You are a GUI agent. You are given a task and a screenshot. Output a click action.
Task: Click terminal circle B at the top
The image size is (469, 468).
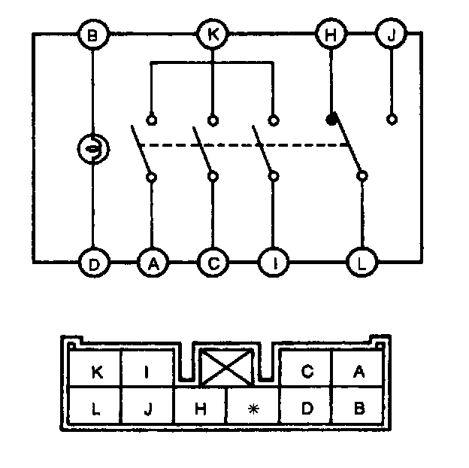tap(92, 35)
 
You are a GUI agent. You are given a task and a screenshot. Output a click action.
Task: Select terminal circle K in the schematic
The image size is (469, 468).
tap(213, 35)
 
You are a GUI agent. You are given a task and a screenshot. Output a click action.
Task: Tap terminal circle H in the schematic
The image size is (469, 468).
tap(330, 35)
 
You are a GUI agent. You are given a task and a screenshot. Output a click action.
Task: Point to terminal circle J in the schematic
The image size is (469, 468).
tap(391, 35)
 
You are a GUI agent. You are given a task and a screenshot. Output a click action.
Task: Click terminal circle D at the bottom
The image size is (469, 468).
tap(92, 264)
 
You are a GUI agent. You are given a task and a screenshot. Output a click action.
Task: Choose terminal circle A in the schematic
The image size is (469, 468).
tap(153, 264)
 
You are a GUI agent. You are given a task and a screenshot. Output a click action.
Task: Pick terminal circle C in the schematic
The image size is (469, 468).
tap(213, 264)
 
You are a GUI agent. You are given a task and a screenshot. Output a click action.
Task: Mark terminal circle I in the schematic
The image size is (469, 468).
tap(273, 264)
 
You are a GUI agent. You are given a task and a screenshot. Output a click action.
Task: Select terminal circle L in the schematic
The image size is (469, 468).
tap(362, 264)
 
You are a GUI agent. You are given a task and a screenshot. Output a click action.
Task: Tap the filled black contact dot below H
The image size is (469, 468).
tap(331, 120)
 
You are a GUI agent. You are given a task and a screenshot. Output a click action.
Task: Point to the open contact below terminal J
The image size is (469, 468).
tap(391, 120)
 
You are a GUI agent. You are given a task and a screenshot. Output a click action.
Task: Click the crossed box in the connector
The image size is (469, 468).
tap(228, 369)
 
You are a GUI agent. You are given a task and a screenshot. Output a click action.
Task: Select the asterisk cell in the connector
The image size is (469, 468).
tap(253, 408)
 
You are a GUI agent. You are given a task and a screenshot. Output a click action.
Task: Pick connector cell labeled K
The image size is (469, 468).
tap(95, 370)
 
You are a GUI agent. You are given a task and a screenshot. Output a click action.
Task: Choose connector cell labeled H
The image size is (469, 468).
tap(200, 408)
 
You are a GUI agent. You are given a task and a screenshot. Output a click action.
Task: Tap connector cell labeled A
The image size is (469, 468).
tap(359, 370)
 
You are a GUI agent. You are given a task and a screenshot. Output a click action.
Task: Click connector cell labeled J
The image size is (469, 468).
tap(148, 408)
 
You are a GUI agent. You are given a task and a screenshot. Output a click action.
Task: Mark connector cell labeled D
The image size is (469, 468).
tap(306, 408)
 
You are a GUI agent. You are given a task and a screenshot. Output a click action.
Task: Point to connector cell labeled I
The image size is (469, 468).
tap(148, 370)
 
